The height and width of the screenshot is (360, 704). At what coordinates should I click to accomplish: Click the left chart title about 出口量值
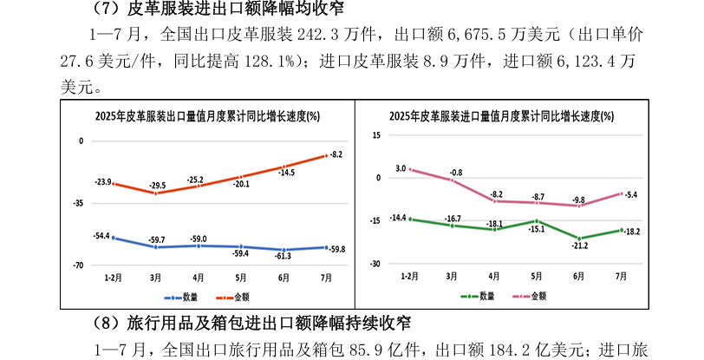tap(207, 116)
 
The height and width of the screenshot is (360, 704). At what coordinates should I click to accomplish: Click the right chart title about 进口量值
tap(503, 116)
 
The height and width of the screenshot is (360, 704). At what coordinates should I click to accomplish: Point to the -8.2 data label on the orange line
tap(337, 154)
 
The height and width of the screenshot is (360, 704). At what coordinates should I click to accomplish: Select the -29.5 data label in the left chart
tap(157, 187)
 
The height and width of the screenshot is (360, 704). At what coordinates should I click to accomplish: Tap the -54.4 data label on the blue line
tap(102, 236)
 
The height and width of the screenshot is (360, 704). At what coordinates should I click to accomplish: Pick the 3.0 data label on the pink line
tap(401, 167)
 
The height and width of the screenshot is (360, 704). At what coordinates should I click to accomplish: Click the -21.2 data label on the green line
tap(580, 245)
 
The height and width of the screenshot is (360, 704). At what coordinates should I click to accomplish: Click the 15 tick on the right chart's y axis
tap(375, 135)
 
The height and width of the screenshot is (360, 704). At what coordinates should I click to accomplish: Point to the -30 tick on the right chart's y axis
tap(375, 264)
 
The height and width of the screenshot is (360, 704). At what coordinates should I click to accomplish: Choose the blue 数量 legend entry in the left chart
tap(182, 296)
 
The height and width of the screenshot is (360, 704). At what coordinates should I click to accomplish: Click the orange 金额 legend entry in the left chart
tap(225, 296)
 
